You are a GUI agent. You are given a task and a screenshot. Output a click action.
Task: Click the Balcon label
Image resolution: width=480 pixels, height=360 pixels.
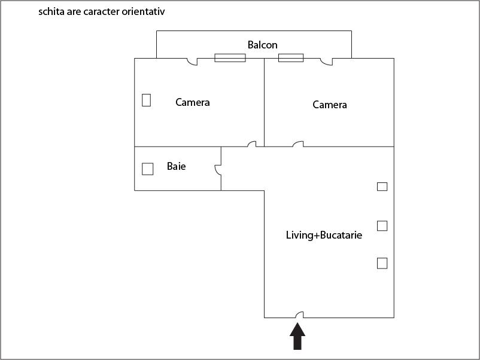pyautogui.click(x=262, y=45)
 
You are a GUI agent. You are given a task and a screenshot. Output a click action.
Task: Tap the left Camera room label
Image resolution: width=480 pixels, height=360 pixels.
pyautogui.click(x=193, y=102)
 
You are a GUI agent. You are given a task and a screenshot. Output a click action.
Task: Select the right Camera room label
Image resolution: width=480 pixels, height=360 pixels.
pyautogui.click(x=330, y=105)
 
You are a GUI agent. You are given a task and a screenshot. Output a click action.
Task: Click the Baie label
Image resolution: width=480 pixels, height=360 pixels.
pyautogui.click(x=177, y=166)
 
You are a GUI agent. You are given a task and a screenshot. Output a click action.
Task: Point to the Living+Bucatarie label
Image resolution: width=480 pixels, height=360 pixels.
pyautogui.click(x=324, y=235)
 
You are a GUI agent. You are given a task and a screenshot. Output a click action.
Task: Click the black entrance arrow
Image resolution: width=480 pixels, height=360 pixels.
pyautogui.click(x=297, y=337)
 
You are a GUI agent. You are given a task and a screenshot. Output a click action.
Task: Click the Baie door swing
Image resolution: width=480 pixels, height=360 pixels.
pyautogui.click(x=218, y=170)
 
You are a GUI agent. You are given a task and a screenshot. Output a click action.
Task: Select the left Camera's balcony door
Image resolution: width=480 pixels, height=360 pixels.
pyautogui.click(x=192, y=62)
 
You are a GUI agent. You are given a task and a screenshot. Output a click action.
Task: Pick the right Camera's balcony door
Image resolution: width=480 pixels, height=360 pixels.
pyautogui.click(x=326, y=62)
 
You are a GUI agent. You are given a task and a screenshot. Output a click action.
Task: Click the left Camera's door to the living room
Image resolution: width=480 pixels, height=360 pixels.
pyautogui.click(x=252, y=144)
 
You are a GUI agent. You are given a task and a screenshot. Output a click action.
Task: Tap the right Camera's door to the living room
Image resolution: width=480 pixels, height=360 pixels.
pyautogui.click(x=298, y=144)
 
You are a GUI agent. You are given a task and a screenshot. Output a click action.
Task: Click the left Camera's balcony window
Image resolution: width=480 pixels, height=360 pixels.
pyautogui.click(x=230, y=58)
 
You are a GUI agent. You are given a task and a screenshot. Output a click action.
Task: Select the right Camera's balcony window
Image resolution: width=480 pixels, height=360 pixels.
pyautogui.click(x=291, y=58)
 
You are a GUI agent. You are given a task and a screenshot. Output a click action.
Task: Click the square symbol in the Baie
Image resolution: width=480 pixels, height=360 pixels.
pyautogui.click(x=148, y=169)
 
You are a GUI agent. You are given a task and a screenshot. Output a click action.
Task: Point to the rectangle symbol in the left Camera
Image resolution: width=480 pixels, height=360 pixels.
pyautogui.click(x=146, y=100)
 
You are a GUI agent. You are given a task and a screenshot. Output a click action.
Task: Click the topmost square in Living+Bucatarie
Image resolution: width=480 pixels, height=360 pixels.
pyautogui.click(x=382, y=187)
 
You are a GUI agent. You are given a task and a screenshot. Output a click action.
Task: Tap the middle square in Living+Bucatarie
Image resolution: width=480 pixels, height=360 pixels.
pyautogui.click(x=382, y=225)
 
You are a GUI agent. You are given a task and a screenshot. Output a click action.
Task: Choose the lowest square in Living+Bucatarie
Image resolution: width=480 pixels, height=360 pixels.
pyautogui.click(x=382, y=263)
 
